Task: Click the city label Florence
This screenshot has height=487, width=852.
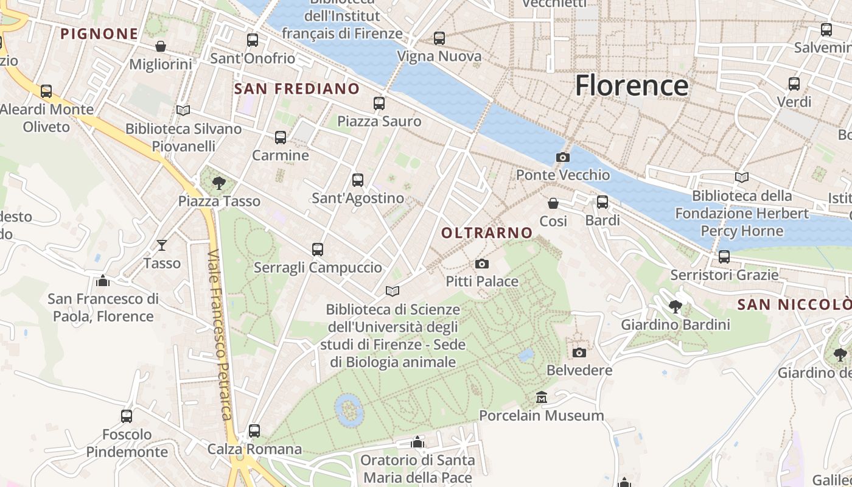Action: pos(631,85)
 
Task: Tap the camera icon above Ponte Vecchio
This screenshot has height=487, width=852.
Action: pos(563,157)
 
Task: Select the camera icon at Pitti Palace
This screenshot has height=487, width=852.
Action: pos(482,264)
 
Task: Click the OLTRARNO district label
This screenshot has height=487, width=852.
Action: pos(487,233)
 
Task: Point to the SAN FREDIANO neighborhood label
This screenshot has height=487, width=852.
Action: pos(297,89)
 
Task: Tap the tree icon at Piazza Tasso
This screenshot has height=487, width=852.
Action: pos(219,183)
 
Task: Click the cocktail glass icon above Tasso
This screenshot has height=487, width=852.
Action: pos(162,245)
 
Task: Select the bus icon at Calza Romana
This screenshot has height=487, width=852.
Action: pos(254,431)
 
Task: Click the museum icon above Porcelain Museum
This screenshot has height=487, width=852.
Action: pos(542,398)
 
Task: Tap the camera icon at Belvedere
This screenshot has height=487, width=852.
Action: pos(579,352)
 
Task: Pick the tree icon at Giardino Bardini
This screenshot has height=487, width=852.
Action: pos(675,306)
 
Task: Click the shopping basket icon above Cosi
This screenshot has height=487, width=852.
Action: pos(553,203)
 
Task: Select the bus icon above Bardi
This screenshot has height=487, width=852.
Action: pos(602,201)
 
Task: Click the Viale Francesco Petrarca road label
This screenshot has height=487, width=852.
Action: pos(219,335)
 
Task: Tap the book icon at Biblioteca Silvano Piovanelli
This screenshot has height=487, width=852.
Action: pos(183,110)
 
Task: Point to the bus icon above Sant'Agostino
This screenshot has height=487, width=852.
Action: pos(358,180)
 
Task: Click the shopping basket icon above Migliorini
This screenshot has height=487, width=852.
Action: pos(161,46)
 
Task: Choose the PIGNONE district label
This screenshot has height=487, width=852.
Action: pos(99,33)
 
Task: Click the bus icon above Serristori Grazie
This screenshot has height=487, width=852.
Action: pos(724,257)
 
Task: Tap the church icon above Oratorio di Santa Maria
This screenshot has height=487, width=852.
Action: pos(417,442)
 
